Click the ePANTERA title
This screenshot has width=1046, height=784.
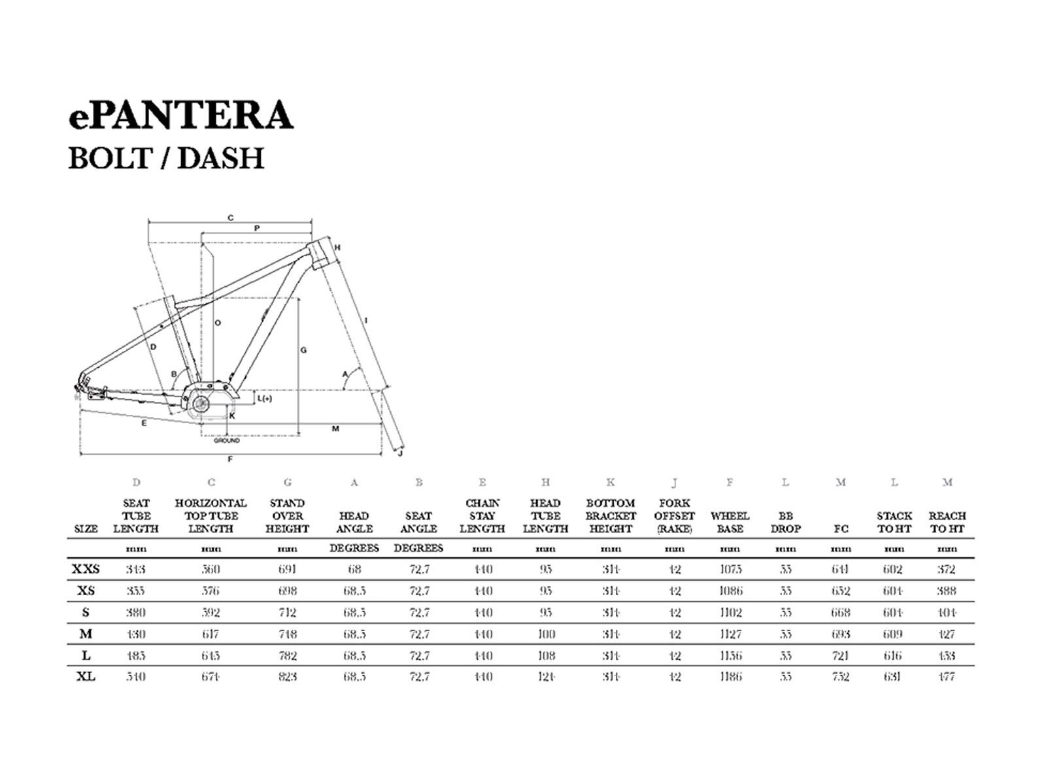click(180, 115)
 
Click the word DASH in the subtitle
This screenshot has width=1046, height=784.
click(220, 158)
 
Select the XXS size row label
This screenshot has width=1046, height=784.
click(86, 569)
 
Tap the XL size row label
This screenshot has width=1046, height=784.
click(86, 677)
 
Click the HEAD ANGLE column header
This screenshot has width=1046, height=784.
click(354, 522)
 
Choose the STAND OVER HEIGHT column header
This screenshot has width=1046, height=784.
click(287, 516)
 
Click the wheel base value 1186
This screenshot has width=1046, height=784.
click(730, 677)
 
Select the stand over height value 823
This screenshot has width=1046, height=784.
click(287, 677)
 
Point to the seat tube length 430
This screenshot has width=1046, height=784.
click(136, 634)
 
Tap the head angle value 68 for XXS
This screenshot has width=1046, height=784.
click(354, 569)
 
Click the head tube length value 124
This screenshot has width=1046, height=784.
click(545, 677)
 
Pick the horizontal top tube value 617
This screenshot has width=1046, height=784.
click(211, 634)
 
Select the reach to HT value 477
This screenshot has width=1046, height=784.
click(947, 677)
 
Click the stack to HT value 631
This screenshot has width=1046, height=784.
click(893, 677)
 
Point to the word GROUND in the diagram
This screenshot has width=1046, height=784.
click(227, 440)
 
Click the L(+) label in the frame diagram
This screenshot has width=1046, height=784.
click(264, 398)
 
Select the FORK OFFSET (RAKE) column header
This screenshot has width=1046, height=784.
click(674, 516)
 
